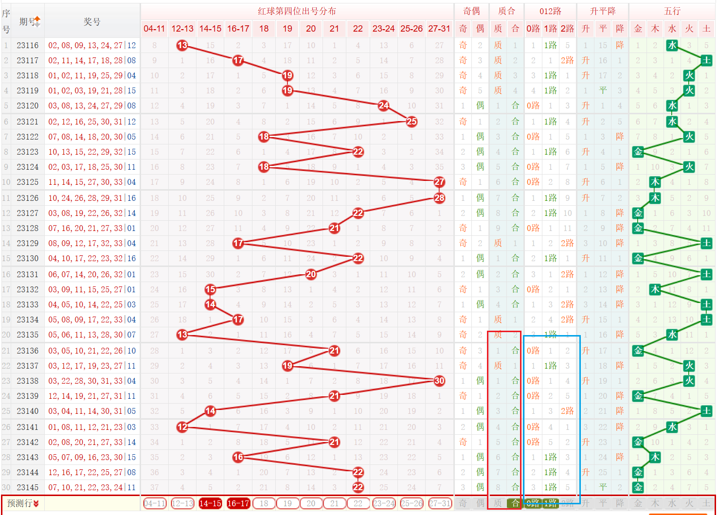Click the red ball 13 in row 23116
[182, 45]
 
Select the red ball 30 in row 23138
[439, 381]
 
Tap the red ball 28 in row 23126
[439, 198]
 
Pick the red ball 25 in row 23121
[412, 122]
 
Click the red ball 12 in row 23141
[182, 427]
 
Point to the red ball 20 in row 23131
[311, 274]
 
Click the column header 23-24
[383, 29]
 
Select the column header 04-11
[154, 29]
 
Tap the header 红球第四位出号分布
[297, 11]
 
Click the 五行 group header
[672, 11]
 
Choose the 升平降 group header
[603, 11]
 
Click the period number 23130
[28, 258]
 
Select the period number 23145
[28, 487]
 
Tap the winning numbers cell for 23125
[92, 182]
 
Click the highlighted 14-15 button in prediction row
[210, 503]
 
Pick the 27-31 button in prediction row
[439, 503]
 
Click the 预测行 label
[22, 503]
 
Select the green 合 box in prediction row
[515, 503]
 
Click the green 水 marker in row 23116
[672, 45]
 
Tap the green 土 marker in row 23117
[706, 60]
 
